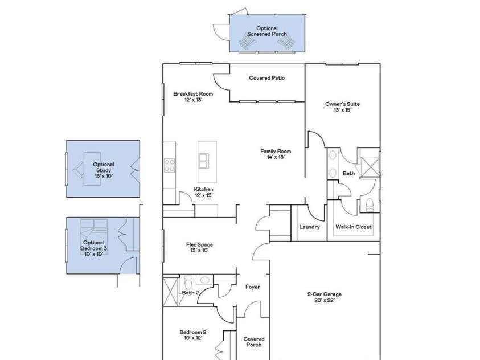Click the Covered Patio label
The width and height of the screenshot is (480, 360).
pos(267,78)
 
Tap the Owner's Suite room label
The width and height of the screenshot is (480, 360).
pos(342,104)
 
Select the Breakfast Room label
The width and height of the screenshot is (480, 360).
pos(193,94)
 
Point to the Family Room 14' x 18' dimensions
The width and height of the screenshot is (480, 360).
pos(276,157)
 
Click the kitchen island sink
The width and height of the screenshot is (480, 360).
pos(203,161)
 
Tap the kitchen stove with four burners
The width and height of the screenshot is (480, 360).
pos(170,165)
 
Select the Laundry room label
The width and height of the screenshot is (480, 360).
pos(309,227)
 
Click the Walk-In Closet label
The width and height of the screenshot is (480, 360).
pos(353,227)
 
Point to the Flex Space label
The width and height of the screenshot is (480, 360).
pos(199,245)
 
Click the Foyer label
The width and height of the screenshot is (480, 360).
pos(252,287)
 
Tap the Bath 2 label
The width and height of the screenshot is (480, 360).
pos(190,293)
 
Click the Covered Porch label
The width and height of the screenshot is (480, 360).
pos(254,342)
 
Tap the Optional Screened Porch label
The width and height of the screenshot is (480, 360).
pos(266,31)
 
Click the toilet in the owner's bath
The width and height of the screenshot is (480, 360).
pos(370,204)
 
